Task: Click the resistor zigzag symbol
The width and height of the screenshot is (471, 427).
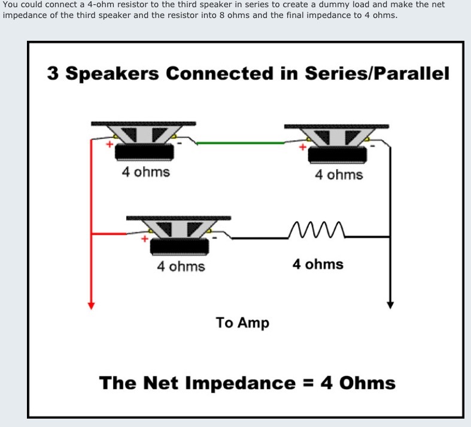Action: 317,230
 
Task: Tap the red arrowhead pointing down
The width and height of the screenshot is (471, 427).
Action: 91,305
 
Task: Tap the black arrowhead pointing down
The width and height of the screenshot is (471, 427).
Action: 390,305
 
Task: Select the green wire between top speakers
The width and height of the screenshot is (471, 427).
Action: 241,143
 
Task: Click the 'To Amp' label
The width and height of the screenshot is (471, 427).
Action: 242,323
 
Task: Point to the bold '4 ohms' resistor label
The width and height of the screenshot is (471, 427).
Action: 318,264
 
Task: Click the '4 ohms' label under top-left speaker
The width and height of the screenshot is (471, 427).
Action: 145,172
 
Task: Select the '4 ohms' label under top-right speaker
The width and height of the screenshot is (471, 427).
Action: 339,175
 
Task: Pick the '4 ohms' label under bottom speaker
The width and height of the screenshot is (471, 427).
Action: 181,267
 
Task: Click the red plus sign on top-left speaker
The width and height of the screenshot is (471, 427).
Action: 110,144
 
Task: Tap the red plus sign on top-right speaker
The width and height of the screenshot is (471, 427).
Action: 303,147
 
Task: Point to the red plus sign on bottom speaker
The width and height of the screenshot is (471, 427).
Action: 145,239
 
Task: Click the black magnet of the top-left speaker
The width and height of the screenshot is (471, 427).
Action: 144,152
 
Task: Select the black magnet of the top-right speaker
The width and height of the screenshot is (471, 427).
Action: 338,155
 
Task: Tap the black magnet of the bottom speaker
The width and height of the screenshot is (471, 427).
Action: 180,246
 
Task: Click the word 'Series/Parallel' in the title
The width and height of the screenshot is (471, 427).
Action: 377,73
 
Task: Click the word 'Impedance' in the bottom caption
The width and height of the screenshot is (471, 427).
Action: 241,383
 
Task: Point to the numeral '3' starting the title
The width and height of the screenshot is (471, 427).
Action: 53,73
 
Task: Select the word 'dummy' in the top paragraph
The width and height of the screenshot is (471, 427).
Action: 334,5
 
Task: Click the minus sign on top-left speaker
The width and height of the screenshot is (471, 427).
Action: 180,143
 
